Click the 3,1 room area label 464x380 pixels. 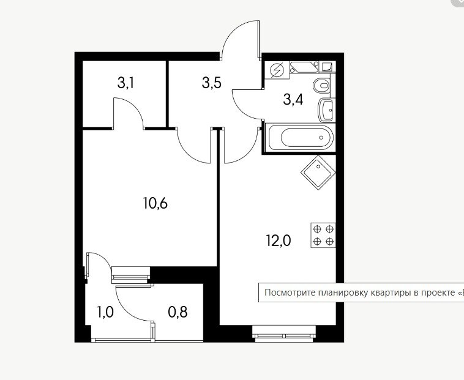pyautogui.click(x=125, y=83)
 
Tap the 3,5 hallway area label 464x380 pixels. pyautogui.click(x=212, y=83)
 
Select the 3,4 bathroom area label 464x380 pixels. pyautogui.click(x=293, y=99)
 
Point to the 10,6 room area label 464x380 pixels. pyautogui.click(x=155, y=203)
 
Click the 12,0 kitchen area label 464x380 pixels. pyautogui.click(x=279, y=240)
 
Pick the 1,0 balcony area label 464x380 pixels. pyautogui.click(x=105, y=312)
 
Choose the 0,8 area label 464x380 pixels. pyautogui.click(x=178, y=312)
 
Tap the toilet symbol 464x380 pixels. pyautogui.click(x=321, y=86)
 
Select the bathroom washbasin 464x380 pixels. pyautogui.click(x=326, y=110)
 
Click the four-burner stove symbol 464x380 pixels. pyautogui.click(x=323, y=235)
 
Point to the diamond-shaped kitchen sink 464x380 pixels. pyautogui.click(x=318, y=173)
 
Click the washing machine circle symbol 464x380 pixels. pyautogui.click(x=277, y=70)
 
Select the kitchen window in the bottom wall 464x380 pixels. pyautogui.click(x=284, y=333)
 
